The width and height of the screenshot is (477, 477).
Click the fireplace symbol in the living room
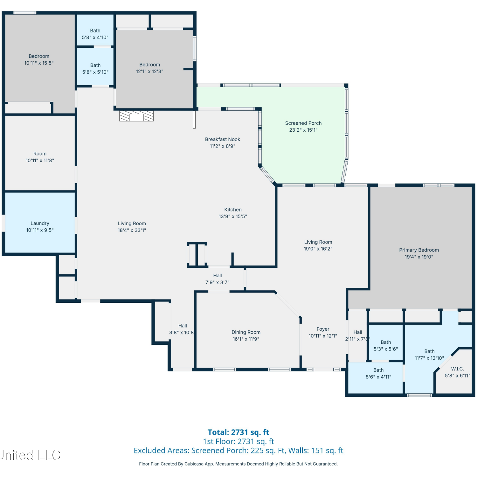(136, 116)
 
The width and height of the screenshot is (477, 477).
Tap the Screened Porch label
(303, 123)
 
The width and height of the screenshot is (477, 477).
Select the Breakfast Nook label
(223, 139)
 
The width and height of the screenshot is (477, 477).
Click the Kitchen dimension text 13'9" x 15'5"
(233, 217)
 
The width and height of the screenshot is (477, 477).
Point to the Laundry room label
(40, 223)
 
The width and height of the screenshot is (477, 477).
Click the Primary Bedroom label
(419, 250)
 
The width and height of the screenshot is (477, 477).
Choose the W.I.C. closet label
(458, 369)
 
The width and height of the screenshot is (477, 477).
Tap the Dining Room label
(246, 332)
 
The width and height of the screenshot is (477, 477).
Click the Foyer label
(323, 329)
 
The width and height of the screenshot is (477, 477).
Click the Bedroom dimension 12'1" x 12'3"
(149, 72)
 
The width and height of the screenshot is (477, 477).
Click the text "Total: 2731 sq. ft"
(238, 432)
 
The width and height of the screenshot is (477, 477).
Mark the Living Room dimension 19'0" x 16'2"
(318, 249)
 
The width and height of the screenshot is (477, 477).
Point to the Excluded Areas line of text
(238, 451)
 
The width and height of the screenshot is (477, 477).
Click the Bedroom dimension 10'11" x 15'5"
(39, 63)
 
